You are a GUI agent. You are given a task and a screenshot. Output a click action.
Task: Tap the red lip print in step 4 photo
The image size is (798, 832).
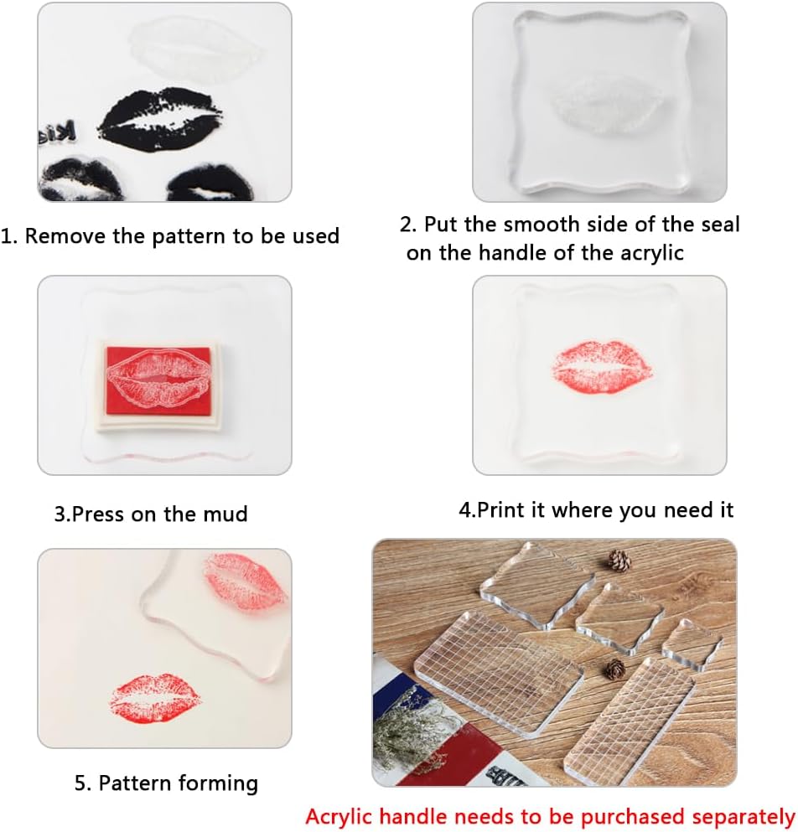click(x=602, y=368)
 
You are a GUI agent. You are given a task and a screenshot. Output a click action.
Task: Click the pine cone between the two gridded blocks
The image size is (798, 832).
click(x=614, y=669)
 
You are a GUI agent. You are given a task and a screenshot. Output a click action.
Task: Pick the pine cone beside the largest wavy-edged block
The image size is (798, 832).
click(x=619, y=561)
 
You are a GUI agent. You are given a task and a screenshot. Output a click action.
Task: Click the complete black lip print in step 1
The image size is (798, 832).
click(x=160, y=120)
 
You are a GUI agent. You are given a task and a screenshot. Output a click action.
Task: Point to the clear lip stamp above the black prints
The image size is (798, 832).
click(x=196, y=49)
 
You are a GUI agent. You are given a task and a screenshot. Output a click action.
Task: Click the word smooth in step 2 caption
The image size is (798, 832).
click(x=542, y=225)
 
